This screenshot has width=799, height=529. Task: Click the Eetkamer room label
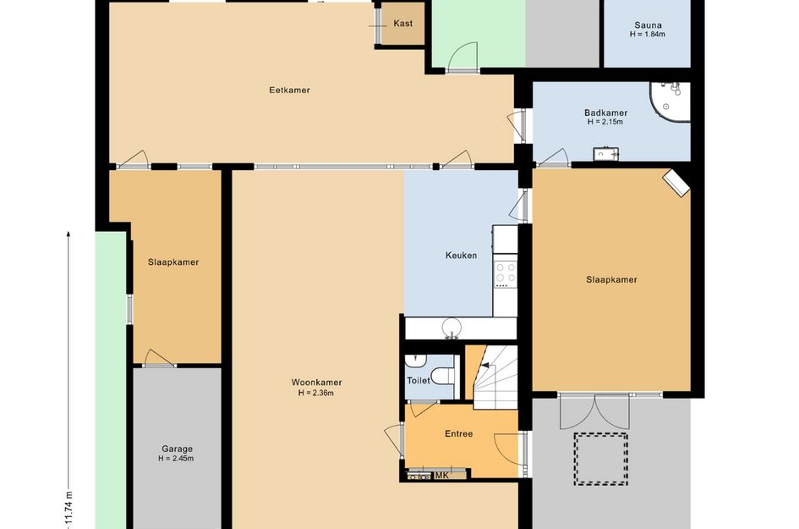tap(289, 91)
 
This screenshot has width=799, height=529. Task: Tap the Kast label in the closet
tap(403, 24)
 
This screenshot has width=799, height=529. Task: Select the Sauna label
tap(648, 25)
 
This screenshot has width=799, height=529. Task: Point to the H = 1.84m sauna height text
tap(647, 34)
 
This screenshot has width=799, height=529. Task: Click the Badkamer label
tap(606, 113)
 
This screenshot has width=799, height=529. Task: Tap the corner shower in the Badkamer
tap(670, 102)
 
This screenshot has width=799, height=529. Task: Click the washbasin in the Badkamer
tap(606, 153)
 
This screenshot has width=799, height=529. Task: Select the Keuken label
tap(461, 255)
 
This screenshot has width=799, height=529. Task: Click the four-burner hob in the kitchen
tap(506, 273)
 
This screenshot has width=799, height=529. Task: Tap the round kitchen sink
tap(451, 327)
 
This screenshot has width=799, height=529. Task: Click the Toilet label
tap(419, 381)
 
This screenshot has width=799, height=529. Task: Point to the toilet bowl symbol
tap(442, 376)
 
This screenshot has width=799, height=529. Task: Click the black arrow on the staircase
tap(484, 365)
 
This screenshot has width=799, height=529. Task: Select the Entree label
tap(458, 433)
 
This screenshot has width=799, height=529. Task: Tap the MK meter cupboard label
tap(442, 476)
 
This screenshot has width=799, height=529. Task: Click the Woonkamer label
tap(316, 382)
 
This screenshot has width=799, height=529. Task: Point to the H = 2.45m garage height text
tap(176, 458)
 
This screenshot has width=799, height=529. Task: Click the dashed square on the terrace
tap(601, 459)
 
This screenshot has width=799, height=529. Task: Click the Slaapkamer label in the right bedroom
tap(611, 279)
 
